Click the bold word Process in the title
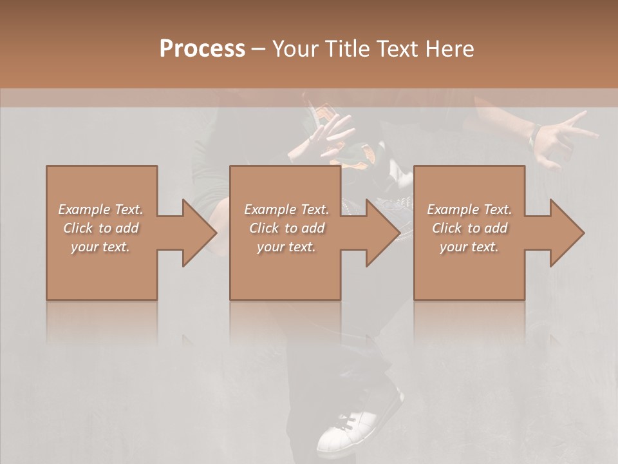[x=202, y=48]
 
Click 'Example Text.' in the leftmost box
[x=101, y=209]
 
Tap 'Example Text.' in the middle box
[x=286, y=209]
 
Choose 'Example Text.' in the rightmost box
[x=469, y=209]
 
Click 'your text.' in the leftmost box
[x=101, y=247]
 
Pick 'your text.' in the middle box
[x=286, y=247]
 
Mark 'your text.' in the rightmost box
[x=469, y=247]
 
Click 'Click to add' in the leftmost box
[x=101, y=228]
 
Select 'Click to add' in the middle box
[x=286, y=228]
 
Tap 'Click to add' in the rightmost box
[x=469, y=228]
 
